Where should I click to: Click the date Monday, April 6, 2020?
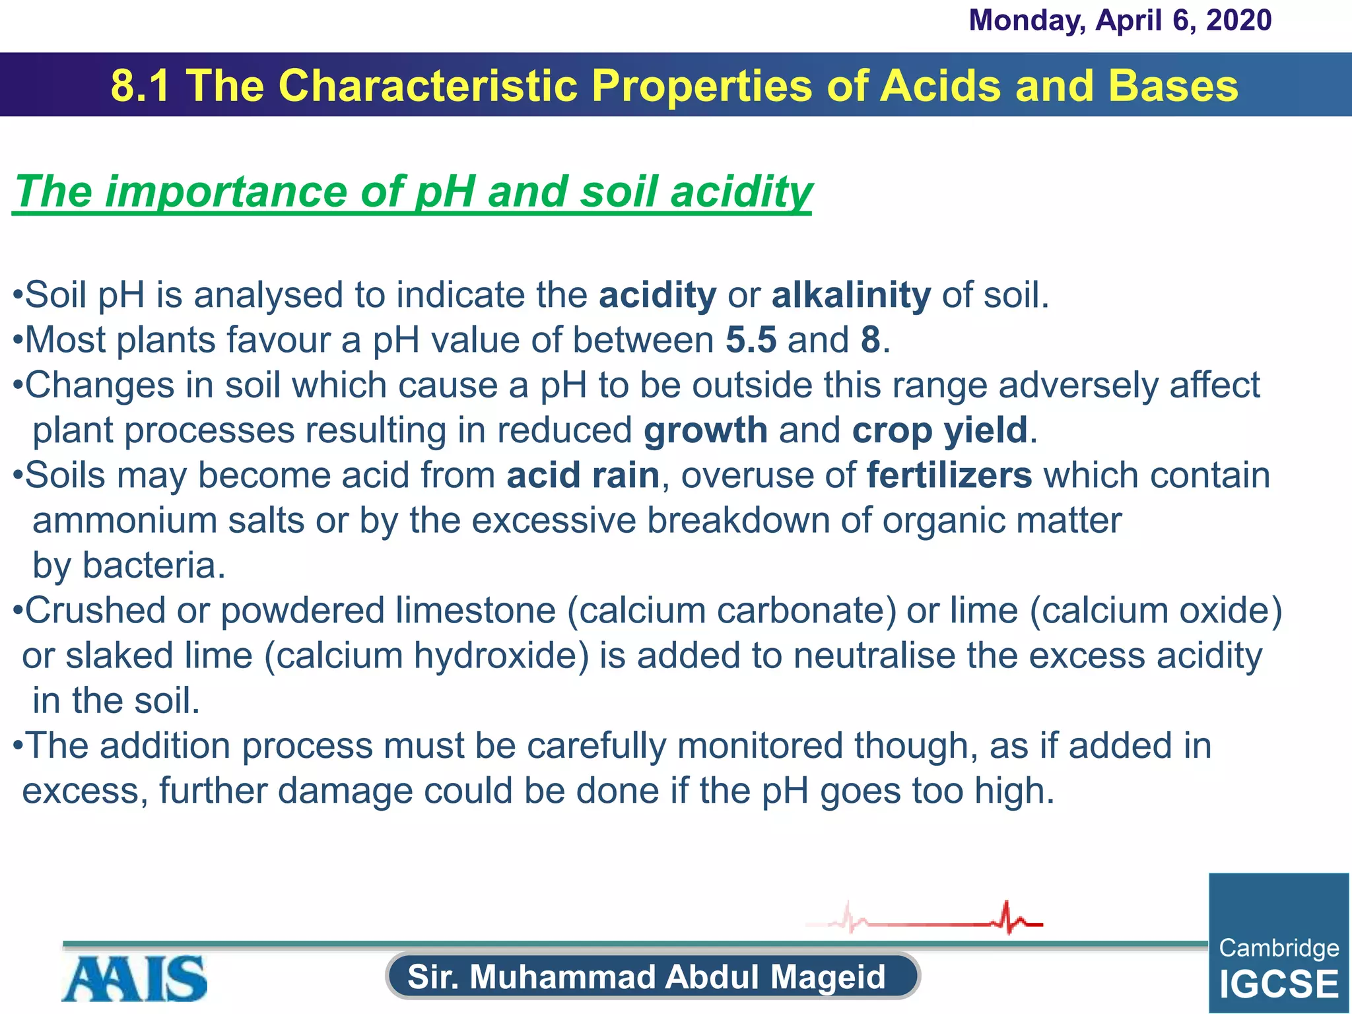(1120, 20)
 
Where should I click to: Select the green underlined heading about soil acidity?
(413, 192)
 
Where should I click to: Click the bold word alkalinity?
(851, 295)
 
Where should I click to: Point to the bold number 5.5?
(751, 341)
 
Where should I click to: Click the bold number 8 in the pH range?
(871, 341)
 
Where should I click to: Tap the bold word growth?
(705, 431)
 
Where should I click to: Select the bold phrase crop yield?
(939, 431)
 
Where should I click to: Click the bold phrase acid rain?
(583, 476)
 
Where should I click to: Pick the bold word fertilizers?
(949, 476)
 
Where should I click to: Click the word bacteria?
(153, 566)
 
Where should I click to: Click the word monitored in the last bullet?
(760, 746)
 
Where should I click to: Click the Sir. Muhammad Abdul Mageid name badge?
(652, 976)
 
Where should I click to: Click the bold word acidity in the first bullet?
(657, 295)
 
